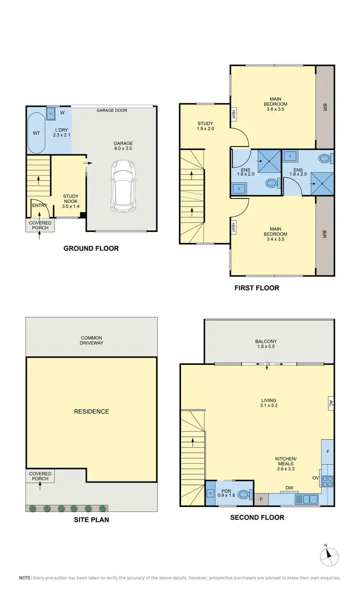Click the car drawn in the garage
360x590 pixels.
pos(124,186)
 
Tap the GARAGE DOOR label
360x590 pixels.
pos(112,110)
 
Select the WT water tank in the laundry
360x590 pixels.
pos(36,132)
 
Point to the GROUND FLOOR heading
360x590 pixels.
pos(91,248)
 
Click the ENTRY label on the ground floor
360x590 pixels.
pos(39,205)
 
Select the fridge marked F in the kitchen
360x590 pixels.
pos(328,452)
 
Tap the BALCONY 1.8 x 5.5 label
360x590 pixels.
pos(266,344)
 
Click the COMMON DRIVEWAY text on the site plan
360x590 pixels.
pos(91,340)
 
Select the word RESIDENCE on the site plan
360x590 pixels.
pos(91,411)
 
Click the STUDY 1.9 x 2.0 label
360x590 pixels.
pos(204,126)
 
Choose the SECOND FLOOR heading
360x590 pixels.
pos(257,518)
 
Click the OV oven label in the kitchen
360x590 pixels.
pos(315,479)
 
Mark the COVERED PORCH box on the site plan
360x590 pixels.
pos(40,476)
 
